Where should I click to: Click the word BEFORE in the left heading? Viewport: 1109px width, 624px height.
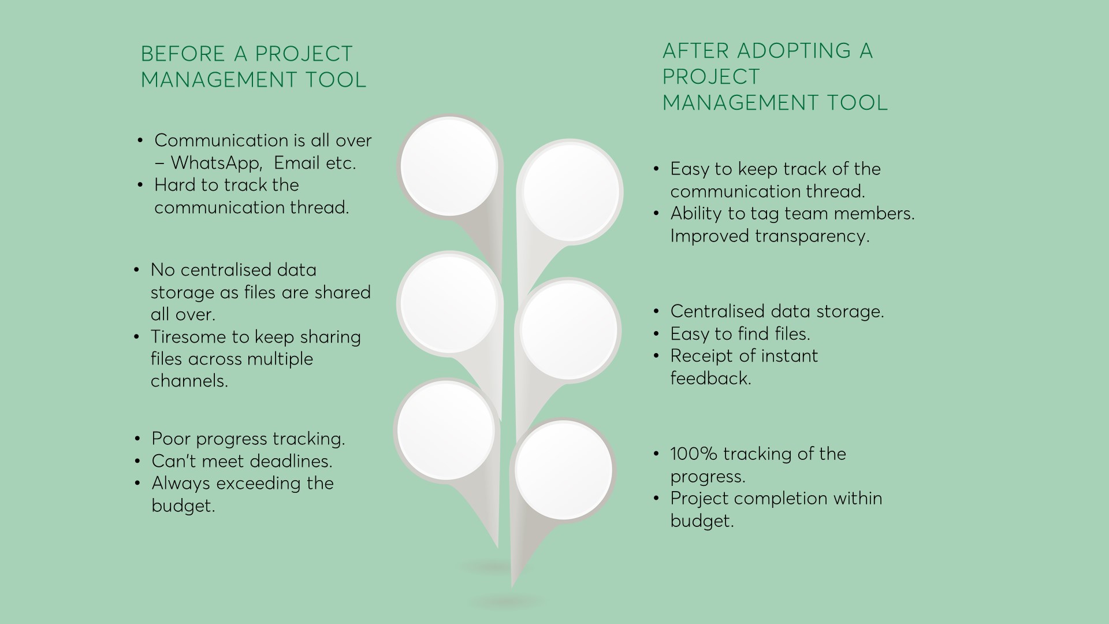[184, 54]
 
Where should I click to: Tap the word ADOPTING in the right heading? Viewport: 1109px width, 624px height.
[794, 51]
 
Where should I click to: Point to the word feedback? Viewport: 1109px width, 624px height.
[711, 378]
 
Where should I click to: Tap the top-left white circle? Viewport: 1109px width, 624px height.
[449, 165]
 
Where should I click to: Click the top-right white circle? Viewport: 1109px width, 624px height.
[571, 192]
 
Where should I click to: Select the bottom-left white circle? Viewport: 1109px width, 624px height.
[446, 430]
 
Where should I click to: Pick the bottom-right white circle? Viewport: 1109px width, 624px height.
[563, 470]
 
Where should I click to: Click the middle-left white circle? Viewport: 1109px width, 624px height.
[449, 304]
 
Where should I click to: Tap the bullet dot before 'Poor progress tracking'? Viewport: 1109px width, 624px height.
[137, 439]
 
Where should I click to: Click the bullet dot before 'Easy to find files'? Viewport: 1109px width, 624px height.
[656, 334]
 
